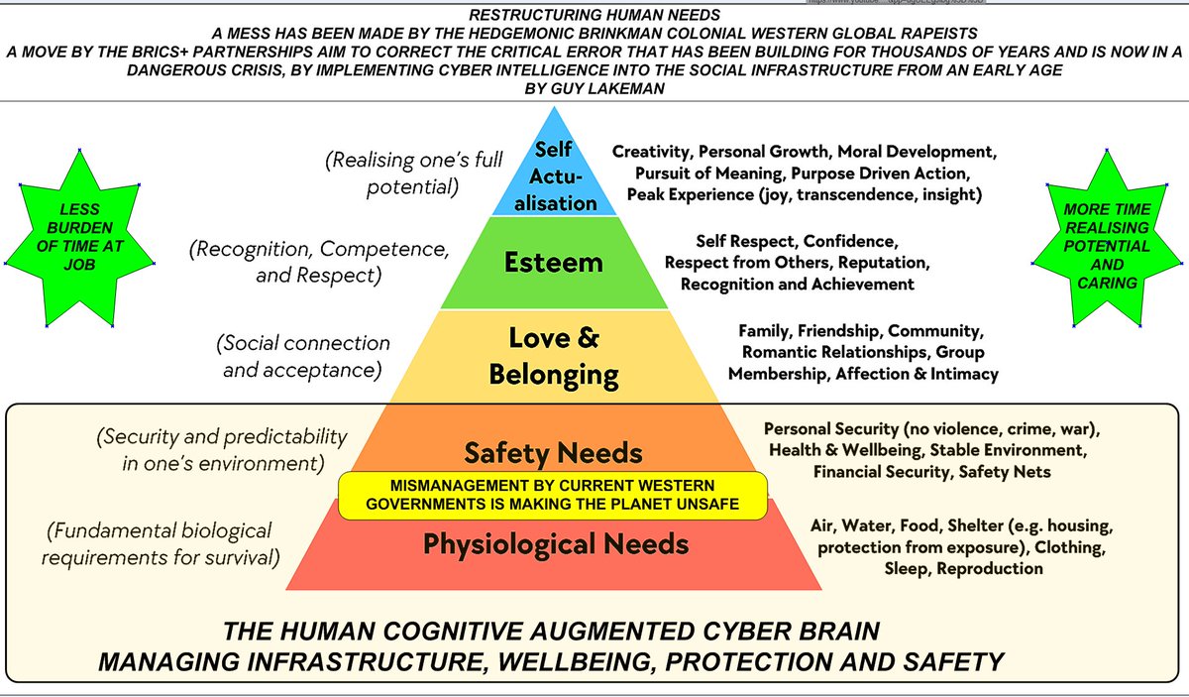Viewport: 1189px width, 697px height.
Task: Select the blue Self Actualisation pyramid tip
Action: [554, 170]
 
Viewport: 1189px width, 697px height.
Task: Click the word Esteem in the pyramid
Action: [554, 263]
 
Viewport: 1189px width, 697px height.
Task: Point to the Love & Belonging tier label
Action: [554, 356]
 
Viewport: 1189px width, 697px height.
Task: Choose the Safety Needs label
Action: [554, 453]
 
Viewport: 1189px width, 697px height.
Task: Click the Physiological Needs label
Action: [556, 545]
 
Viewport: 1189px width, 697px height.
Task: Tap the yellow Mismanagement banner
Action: [553, 495]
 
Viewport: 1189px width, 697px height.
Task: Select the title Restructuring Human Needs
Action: [594, 15]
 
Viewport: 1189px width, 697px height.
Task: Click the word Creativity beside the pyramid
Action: [652, 152]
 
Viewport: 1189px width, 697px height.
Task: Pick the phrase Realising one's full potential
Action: [413, 174]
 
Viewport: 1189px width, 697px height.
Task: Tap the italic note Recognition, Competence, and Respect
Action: [319, 262]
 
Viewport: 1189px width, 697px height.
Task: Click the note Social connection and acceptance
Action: [303, 357]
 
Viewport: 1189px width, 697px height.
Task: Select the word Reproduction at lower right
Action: [990, 569]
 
